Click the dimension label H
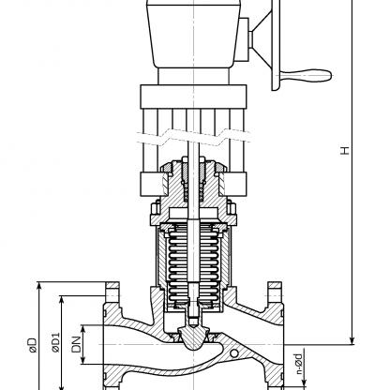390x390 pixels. (345, 150)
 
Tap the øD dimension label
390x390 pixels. (32, 345)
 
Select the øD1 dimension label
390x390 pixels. (55, 342)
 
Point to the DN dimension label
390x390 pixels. (76, 345)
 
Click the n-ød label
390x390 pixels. (299, 364)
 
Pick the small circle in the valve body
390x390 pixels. (234, 353)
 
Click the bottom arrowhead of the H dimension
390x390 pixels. (352, 340)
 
